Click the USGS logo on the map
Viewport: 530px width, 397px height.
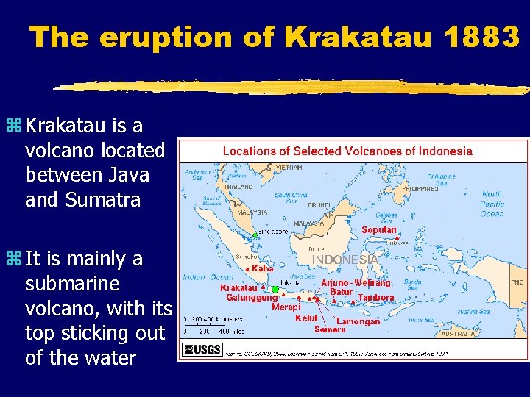(x=202, y=349)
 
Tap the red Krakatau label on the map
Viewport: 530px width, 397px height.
(x=239, y=288)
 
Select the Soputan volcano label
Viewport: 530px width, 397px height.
(x=378, y=230)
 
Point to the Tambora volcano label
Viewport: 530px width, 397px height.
(x=375, y=298)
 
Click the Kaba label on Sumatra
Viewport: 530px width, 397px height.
(x=263, y=269)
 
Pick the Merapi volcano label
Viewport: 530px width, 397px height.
(x=286, y=307)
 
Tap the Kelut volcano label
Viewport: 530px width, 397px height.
(x=306, y=318)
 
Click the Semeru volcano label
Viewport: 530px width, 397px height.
(x=330, y=329)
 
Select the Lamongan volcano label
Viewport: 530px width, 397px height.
(x=358, y=321)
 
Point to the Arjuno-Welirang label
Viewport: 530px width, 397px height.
(x=356, y=283)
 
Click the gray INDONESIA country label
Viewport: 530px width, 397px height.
(x=344, y=260)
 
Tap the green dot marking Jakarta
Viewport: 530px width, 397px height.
(x=275, y=289)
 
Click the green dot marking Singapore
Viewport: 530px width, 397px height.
(x=254, y=235)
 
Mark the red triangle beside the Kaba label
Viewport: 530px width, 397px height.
(x=247, y=269)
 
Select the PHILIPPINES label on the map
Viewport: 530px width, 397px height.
(x=420, y=189)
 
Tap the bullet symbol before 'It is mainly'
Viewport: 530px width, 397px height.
(x=15, y=259)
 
